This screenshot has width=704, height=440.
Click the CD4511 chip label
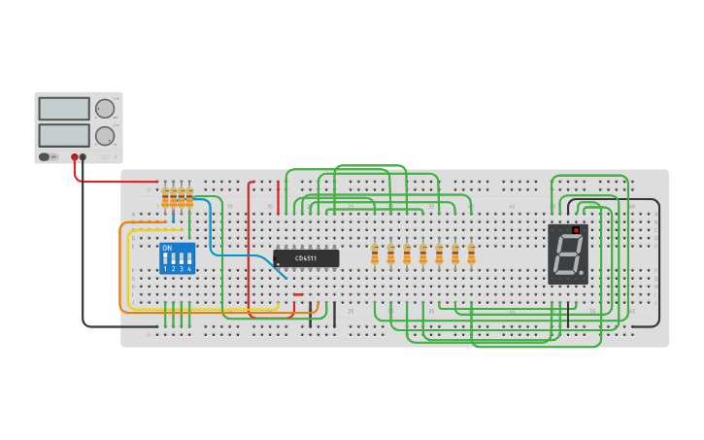[x=306, y=258]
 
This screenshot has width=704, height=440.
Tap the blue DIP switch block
[x=177, y=258]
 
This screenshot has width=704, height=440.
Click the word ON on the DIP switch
[x=167, y=249]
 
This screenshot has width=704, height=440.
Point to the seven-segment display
[x=568, y=254]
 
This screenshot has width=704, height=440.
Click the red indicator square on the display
[x=576, y=230]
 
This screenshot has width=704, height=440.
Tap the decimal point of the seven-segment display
[x=582, y=275]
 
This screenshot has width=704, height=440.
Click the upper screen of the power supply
[x=64, y=108]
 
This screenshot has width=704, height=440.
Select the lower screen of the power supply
[x=64, y=135]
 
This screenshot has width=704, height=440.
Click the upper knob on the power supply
[x=104, y=109]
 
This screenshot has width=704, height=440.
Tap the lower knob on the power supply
[x=104, y=136]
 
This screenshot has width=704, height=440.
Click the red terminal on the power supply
[x=74, y=156]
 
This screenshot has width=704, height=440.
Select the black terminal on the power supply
[x=83, y=156]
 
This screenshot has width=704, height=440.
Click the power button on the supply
[x=45, y=156]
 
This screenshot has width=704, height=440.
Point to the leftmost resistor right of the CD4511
[x=375, y=254]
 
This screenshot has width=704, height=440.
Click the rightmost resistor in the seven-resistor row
[x=471, y=254]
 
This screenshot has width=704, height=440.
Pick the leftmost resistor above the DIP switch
[x=166, y=197]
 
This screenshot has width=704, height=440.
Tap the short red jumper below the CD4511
[x=298, y=294]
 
